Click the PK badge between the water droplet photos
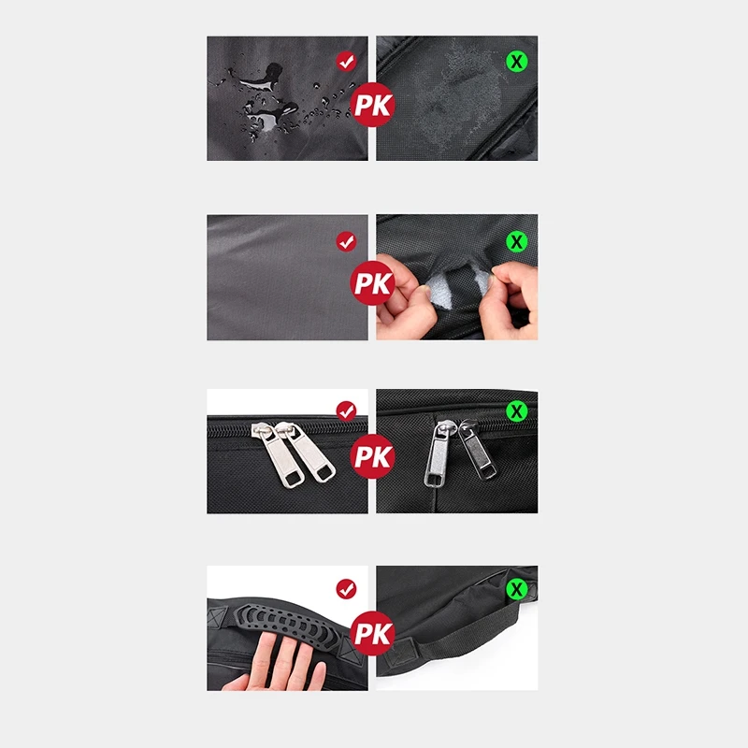click(373, 105)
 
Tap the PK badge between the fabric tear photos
click(373, 283)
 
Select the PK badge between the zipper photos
click(373, 456)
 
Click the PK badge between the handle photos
click(373, 634)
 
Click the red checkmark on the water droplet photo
click(346, 62)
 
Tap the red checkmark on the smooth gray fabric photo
click(346, 242)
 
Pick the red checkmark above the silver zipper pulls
click(346, 410)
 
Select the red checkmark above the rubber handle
click(346, 589)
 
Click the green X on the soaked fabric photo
click(517, 62)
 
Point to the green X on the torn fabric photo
click(517, 242)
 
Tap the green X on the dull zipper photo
click(517, 410)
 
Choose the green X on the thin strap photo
click(517, 589)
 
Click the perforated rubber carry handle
click(286, 620)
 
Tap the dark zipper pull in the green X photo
click(476, 449)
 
